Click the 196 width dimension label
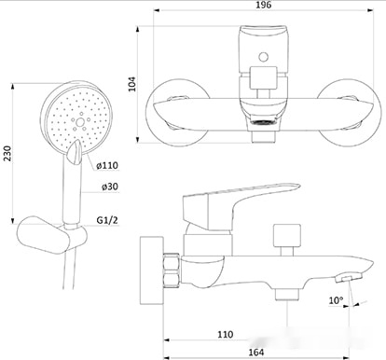pos(264,5)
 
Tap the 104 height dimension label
pos(132,84)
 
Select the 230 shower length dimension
pos(7,153)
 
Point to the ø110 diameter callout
pos(107,165)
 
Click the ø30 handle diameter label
pos(110,187)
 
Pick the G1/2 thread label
pos(107,220)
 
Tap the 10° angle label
pos(336,300)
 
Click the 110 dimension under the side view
pos(225,335)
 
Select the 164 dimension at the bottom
pos(256,353)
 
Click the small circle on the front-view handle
pos(264,57)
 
